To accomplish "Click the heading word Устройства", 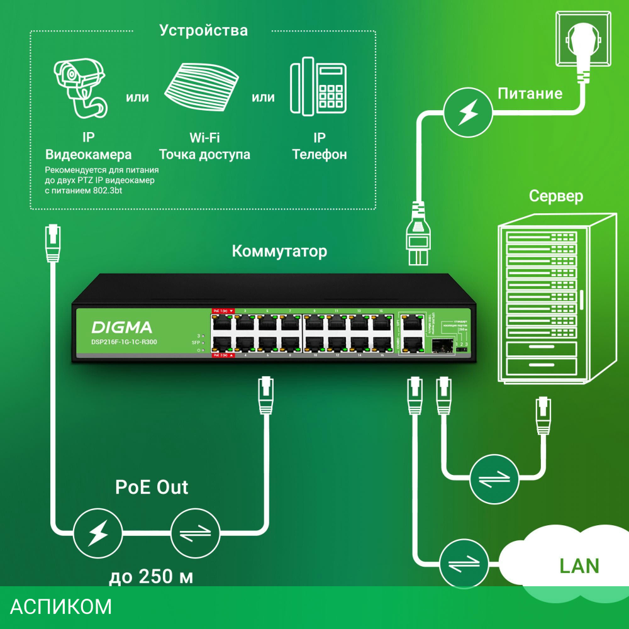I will point(203,30).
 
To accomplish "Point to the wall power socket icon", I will point(582,39).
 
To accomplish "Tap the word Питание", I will point(530,94).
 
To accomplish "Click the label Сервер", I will point(555,196).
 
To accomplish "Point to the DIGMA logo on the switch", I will point(122,327).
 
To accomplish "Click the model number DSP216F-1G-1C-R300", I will point(124,342).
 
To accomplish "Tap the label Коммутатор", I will point(279,252).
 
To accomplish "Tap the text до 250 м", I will point(150,576).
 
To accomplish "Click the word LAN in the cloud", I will point(579,565).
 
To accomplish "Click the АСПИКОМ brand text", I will point(61,607).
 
